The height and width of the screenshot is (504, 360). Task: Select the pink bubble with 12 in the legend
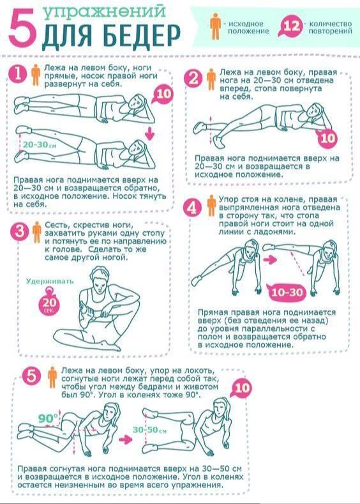click(291, 26)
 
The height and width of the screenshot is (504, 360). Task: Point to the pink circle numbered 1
click(18, 73)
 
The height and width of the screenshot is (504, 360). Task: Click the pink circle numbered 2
click(193, 78)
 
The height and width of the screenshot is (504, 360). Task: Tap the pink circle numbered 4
click(192, 208)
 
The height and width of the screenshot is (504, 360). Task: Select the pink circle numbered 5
click(31, 376)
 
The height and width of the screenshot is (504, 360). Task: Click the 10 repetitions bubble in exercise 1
click(163, 94)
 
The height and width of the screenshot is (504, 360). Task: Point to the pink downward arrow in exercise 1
click(149, 133)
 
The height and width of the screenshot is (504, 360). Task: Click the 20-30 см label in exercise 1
click(40, 145)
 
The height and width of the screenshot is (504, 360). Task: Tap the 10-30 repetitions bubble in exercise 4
click(287, 292)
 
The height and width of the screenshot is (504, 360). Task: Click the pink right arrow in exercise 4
click(271, 259)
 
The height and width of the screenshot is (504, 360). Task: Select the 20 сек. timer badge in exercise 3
click(49, 302)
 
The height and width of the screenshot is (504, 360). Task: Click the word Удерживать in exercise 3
click(50, 281)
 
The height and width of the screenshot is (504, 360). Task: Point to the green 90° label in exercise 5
click(48, 418)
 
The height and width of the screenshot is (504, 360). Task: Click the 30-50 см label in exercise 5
click(149, 430)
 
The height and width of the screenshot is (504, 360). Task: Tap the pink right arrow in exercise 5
click(126, 439)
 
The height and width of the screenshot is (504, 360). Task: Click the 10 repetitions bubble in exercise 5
click(241, 388)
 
